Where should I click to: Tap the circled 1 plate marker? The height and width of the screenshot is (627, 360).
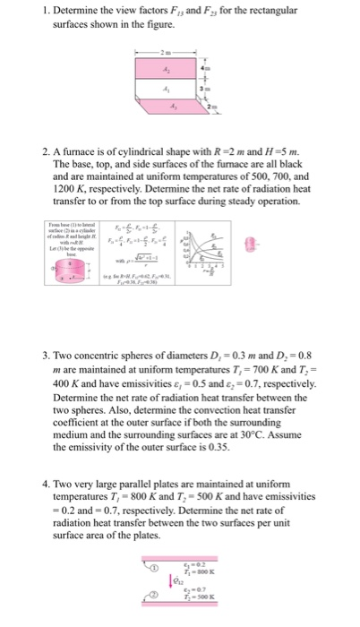click(153, 567)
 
